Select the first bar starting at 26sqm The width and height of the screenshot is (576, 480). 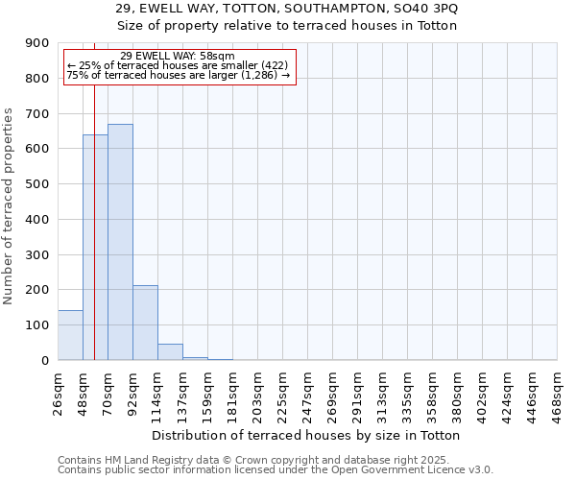click(70, 335)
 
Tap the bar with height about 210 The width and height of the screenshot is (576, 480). click(145, 323)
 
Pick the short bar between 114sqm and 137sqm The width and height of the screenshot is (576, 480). click(170, 352)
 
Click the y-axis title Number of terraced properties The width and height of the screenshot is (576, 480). click(10, 205)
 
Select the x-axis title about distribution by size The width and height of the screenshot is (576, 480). click(306, 435)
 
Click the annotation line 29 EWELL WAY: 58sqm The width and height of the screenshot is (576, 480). click(178, 57)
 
